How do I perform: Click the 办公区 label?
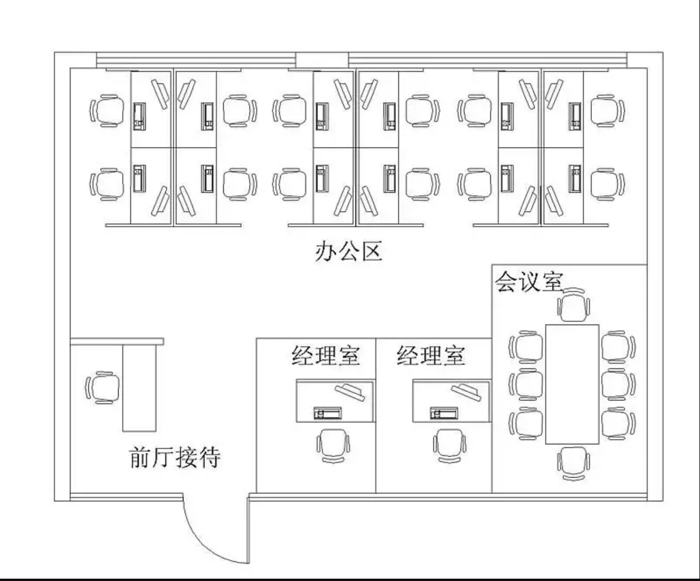tap(349, 252)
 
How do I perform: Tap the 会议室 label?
tap(528, 281)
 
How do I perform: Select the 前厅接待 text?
tap(175, 458)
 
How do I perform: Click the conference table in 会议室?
tap(572, 384)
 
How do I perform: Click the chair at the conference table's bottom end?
tap(573, 464)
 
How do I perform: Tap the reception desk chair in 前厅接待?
tap(104, 387)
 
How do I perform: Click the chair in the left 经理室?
tap(334, 445)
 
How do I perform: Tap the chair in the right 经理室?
tap(450, 445)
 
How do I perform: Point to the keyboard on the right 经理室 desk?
tap(444, 413)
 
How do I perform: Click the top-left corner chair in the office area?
tap(107, 110)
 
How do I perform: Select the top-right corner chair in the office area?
tap(607, 110)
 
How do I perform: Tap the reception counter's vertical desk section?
tap(140, 388)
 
